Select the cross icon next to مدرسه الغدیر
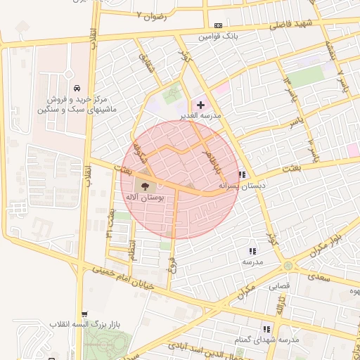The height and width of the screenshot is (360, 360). [200, 105]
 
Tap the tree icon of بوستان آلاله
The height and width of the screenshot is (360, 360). [146, 186]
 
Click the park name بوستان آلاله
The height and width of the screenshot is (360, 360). [146, 198]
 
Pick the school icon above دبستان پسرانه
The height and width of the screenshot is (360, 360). [242, 174]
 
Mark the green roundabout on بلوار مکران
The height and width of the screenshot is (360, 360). [288, 265]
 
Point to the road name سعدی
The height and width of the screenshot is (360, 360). [319, 277]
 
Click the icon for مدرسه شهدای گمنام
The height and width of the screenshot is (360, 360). [266, 328]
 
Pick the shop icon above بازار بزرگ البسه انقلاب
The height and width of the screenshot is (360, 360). [85, 314]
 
